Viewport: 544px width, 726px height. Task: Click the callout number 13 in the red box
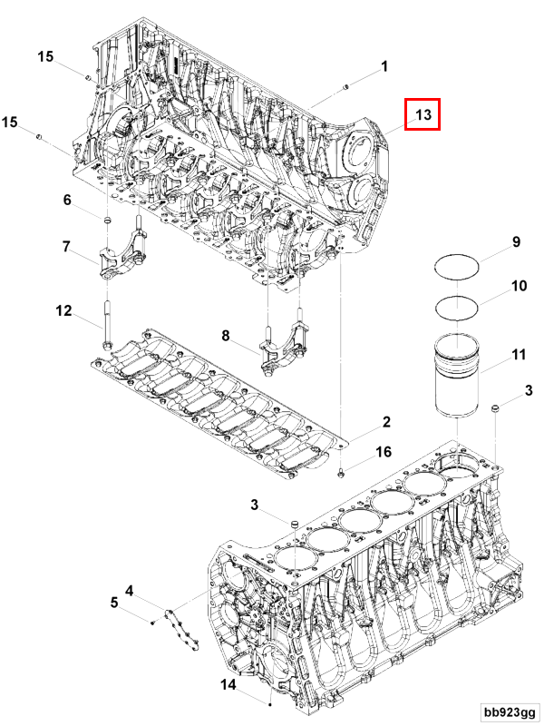pos(423,114)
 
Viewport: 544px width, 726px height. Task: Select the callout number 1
pos(384,66)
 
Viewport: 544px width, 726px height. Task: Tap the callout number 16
pos(384,451)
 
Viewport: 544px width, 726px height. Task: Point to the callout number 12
pos(63,311)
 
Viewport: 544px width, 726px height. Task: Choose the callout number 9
pos(516,242)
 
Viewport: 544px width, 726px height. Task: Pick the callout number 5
pos(114,602)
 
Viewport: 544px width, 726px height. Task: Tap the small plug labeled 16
pos(341,472)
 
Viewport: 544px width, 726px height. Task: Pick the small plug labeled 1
pos(347,86)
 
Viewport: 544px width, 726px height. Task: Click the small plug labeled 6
pos(105,221)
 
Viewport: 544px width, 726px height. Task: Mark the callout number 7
pos(66,246)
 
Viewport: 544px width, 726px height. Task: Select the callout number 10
pos(519,286)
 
